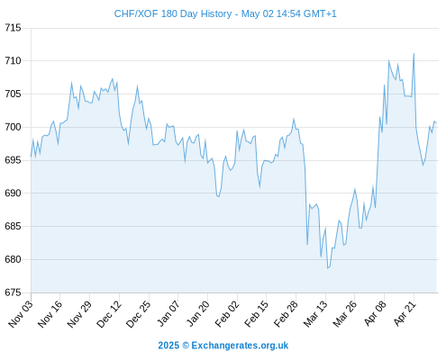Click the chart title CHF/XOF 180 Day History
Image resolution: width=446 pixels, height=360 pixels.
pyautogui.click(x=173, y=13)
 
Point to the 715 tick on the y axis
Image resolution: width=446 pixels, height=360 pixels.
pyautogui.click(x=13, y=28)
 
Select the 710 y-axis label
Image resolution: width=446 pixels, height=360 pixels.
pyautogui.click(x=13, y=61)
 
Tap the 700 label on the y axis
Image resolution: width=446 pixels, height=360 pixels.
pyautogui.click(x=13, y=127)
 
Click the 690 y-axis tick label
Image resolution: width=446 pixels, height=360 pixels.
pyautogui.click(x=13, y=193)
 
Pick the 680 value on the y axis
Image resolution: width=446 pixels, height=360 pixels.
pyautogui.click(x=13, y=259)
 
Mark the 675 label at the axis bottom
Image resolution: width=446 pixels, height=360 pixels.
pyautogui.click(x=13, y=292)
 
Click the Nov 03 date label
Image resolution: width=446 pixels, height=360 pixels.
pyautogui.click(x=21, y=314)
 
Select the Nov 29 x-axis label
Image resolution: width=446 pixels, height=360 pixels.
pyautogui.click(x=79, y=314)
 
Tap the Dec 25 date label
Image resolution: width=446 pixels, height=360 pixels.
pyautogui.click(x=138, y=314)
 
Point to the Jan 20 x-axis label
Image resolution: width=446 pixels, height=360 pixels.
pyautogui.click(x=197, y=314)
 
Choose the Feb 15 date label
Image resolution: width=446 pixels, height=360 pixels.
pyautogui.click(x=256, y=314)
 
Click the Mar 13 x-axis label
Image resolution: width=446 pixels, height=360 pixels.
pyautogui.click(x=315, y=314)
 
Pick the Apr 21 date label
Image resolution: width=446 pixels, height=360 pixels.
pyautogui.click(x=405, y=314)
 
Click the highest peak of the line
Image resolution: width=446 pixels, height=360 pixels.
pyautogui.click(x=414, y=54)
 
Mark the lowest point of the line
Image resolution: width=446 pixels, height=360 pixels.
pyautogui.click(x=328, y=268)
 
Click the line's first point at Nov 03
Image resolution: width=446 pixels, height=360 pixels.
pyautogui.click(x=31, y=157)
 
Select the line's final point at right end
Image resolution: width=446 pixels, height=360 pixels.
pyautogui.click(x=436, y=122)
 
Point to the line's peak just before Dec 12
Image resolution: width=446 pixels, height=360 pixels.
pyautogui.click(x=113, y=79)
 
